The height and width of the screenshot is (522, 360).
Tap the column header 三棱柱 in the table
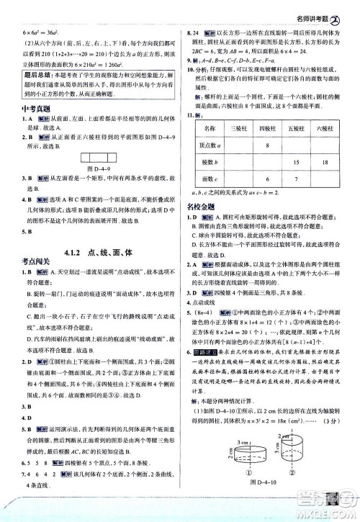coord(239,128)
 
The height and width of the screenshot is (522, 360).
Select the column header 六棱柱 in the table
coord(319,128)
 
